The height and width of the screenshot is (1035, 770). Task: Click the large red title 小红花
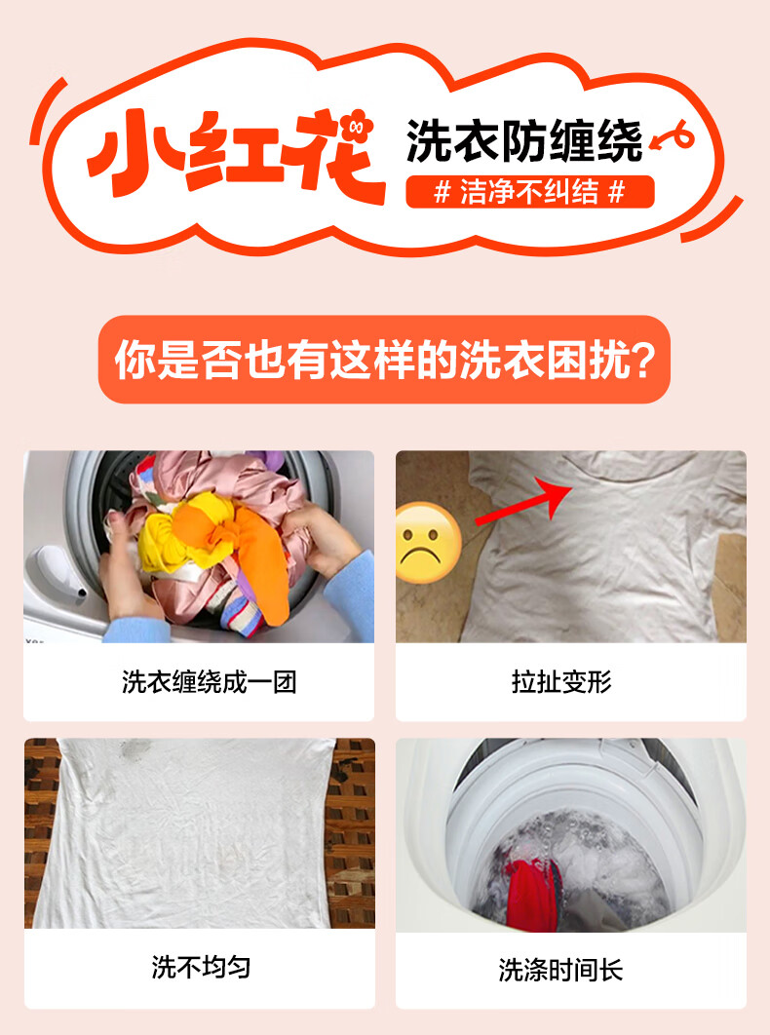tap(237, 154)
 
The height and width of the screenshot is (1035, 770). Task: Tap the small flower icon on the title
tap(358, 128)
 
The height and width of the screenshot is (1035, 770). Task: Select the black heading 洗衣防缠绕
tap(524, 140)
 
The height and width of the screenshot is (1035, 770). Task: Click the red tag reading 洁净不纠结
tap(529, 192)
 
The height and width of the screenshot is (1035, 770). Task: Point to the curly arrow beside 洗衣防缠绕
tap(673, 137)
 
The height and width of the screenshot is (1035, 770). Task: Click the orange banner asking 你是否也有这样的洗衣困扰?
tap(384, 359)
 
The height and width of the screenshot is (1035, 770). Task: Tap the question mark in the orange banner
tap(639, 361)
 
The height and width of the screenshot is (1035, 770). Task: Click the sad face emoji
tap(427, 543)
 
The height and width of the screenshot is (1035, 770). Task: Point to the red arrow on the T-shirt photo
tap(524, 501)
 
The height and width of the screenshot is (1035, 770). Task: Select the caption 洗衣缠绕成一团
tap(209, 682)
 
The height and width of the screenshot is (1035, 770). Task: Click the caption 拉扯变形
tap(561, 682)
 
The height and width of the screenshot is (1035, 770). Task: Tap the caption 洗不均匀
tap(201, 967)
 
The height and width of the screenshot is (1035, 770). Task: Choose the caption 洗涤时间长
tap(560, 970)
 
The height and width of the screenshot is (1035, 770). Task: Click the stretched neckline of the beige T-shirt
tap(631, 477)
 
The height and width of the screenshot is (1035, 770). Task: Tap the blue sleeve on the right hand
tap(350, 594)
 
